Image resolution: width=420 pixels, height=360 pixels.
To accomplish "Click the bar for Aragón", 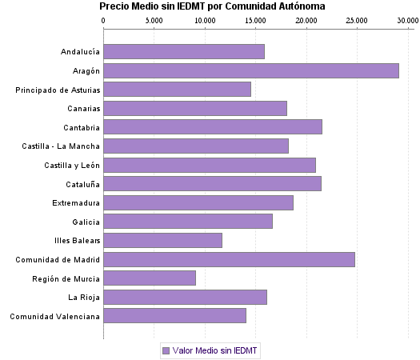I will tap(250, 71).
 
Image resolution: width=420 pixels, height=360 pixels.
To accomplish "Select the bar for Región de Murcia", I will tap(150, 278).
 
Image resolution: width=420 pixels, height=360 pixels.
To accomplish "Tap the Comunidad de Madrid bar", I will tap(229, 259).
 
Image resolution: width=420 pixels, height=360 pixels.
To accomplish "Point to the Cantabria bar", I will tap(212, 127).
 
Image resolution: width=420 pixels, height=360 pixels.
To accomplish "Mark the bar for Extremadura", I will tap(198, 203).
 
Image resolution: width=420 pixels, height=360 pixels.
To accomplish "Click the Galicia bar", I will tap(188, 222).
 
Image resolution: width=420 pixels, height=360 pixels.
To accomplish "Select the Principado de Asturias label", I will tap(58, 90).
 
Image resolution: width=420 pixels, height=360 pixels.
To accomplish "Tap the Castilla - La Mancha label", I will tap(62, 146).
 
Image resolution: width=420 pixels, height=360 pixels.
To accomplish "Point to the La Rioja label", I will tap(84, 297).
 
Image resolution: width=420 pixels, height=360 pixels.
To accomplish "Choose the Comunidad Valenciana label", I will tap(55, 316).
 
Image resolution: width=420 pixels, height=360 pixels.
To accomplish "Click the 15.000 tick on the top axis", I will tap(254, 20).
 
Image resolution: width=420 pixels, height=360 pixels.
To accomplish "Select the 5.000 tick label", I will tap(154, 20).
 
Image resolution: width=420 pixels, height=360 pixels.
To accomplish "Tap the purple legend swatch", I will tap(166, 350).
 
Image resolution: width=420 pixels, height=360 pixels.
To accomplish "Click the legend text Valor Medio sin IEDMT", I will tap(216, 350).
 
